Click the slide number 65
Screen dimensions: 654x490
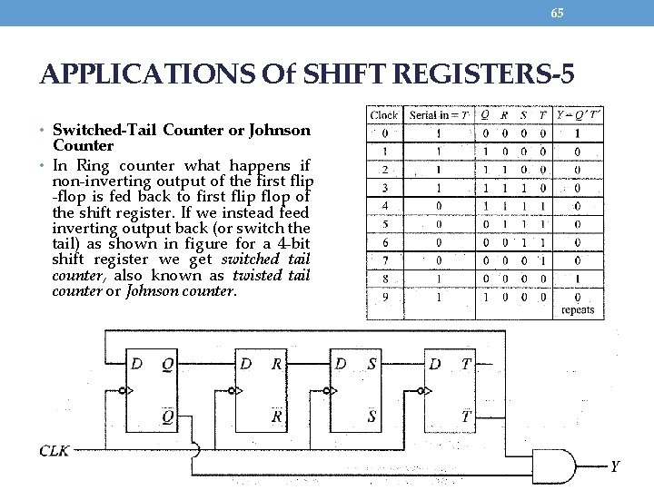[557, 12]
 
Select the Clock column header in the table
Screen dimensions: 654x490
[384, 115]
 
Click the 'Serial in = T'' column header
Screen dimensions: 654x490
[440, 115]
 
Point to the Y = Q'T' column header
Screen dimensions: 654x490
[579, 115]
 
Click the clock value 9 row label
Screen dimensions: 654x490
[384, 296]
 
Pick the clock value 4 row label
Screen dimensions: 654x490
[384, 205]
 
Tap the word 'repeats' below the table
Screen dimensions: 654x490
[578, 310]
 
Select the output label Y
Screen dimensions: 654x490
[615, 466]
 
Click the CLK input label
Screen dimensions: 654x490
[54, 451]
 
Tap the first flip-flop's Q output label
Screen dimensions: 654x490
[167, 364]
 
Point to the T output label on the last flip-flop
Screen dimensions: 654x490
[466, 364]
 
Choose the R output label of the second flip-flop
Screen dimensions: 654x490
[276, 364]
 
